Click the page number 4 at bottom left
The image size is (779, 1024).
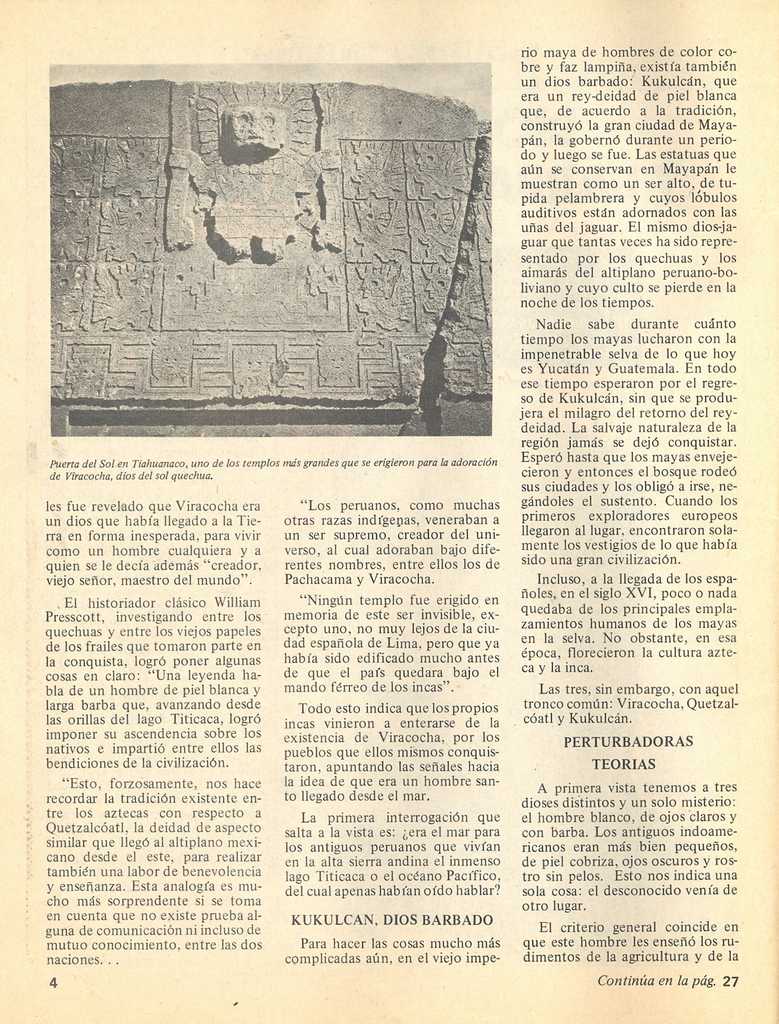(x=53, y=982)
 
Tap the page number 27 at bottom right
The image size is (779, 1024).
(x=730, y=981)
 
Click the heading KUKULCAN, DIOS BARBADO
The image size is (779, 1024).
(x=391, y=919)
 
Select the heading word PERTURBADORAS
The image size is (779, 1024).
(x=628, y=742)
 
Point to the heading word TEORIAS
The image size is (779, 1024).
(x=623, y=764)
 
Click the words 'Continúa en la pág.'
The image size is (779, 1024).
(x=656, y=981)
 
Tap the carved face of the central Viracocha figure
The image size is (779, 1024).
(x=251, y=130)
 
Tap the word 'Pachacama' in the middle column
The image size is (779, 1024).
(x=319, y=578)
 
